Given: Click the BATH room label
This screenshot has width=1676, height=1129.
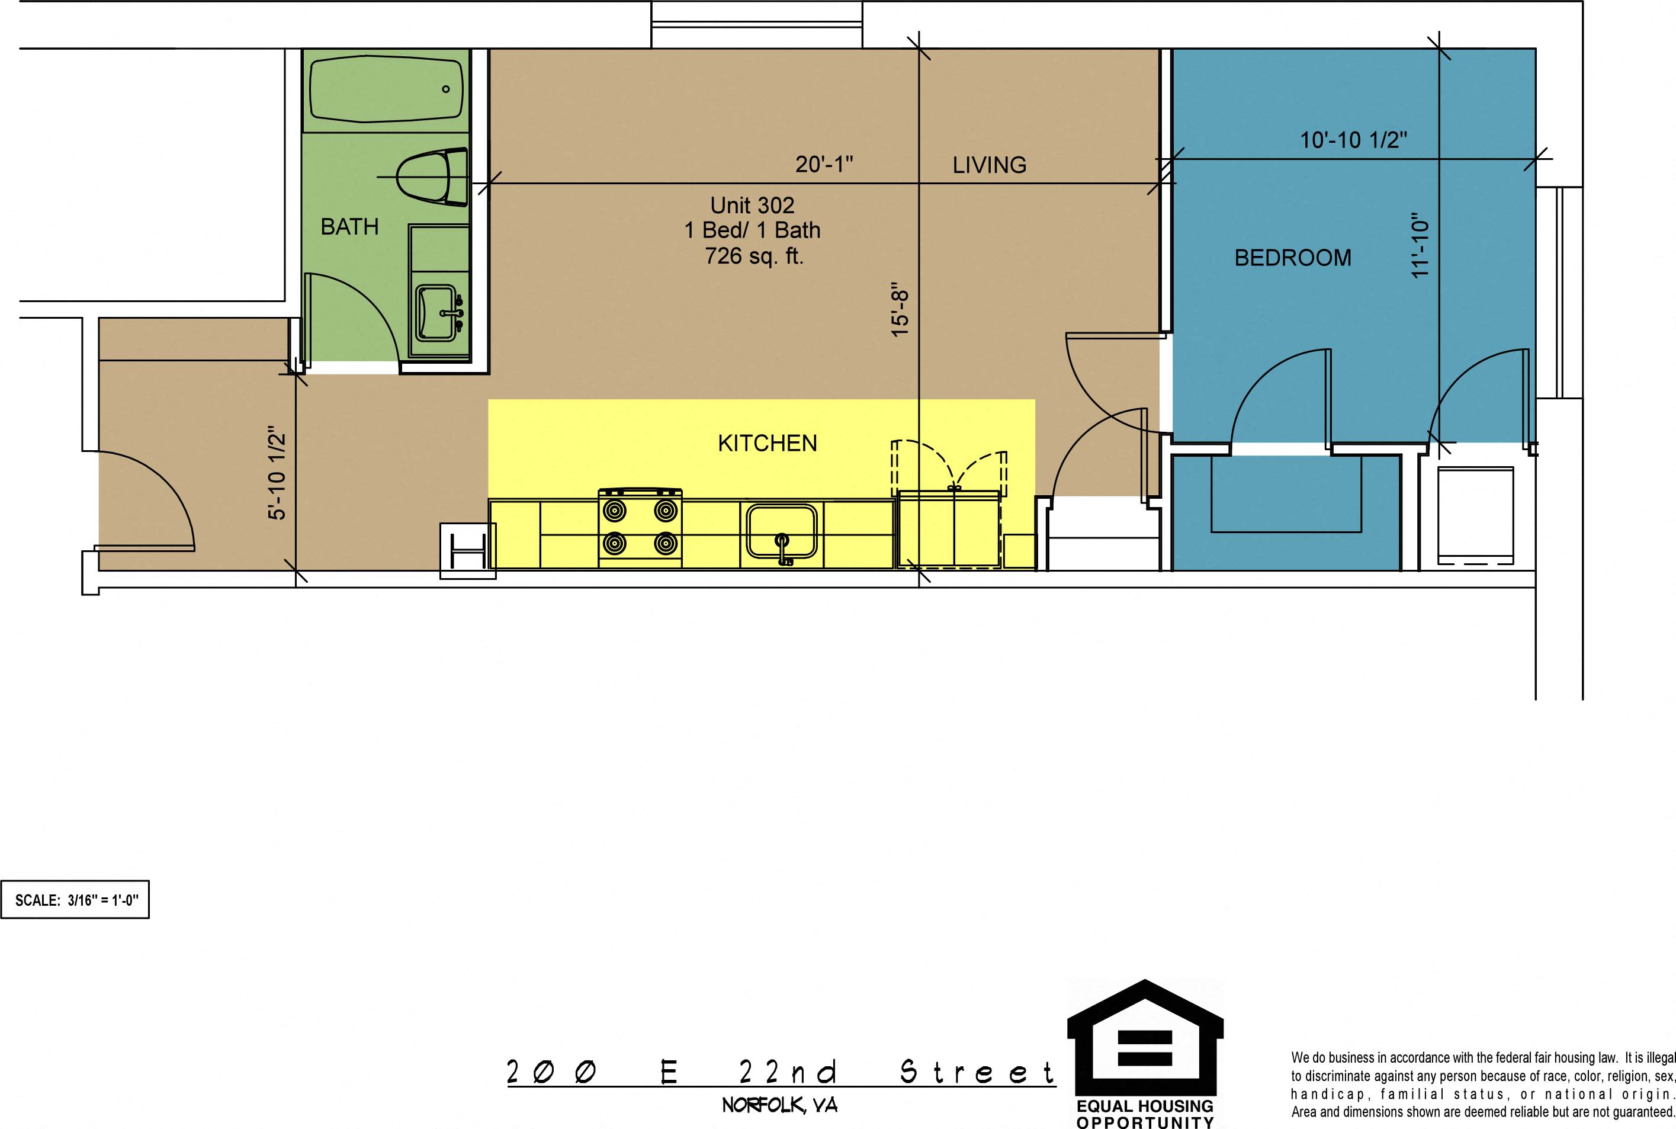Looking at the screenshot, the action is click(x=349, y=227).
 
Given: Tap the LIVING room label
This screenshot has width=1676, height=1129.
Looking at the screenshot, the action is click(x=989, y=165).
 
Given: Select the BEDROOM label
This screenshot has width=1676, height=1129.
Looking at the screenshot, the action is click(x=1293, y=258).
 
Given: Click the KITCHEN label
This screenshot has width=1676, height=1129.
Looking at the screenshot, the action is click(x=768, y=443).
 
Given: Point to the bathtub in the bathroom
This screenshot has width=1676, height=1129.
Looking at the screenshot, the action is click(x=387, y=89).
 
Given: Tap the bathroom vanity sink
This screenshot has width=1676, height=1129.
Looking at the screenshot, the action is click(x=437, y=313).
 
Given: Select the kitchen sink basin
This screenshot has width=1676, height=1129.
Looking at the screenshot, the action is click(x=782, y=531).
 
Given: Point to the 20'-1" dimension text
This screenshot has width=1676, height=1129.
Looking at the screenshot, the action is click(x=824, y=164).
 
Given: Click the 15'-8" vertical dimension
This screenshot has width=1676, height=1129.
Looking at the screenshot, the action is click(x=900, y=309).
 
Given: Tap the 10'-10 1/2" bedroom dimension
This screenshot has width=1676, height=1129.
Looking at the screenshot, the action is click(x=1353, y=140).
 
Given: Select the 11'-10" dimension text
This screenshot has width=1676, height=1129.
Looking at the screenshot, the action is click(x=1419, y=245).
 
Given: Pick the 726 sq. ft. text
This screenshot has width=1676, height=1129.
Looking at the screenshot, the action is click(x=754, y=256).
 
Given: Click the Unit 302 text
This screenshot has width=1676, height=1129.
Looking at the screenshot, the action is click(x=752, y=205).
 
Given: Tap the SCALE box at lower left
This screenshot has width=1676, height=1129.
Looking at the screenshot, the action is click(x=75, y=899).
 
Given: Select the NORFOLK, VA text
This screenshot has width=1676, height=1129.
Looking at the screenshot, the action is click(x=780, y=1105).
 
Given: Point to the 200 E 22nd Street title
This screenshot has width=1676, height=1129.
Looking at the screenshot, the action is click(x=781, y=1072).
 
